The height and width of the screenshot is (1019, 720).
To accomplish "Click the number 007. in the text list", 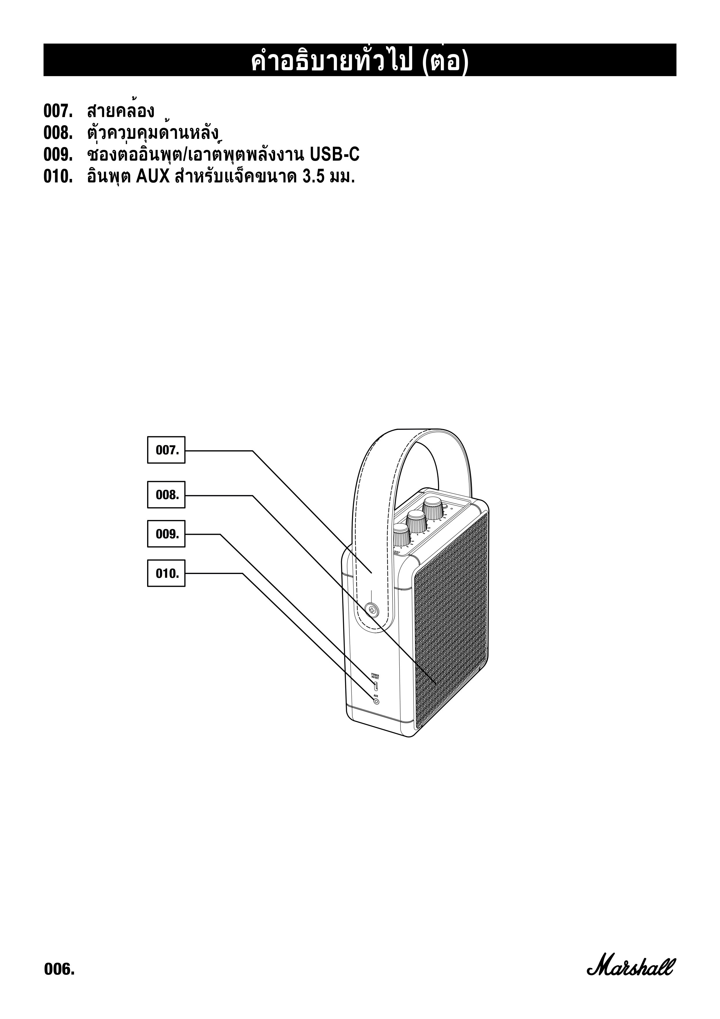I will point(58,111).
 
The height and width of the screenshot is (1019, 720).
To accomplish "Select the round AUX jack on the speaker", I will point(376,702).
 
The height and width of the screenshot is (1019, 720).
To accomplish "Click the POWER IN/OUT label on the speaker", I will point(375,676).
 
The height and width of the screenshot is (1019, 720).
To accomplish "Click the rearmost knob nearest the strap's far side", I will point(433,507).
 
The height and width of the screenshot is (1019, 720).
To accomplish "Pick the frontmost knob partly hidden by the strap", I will point(401,534).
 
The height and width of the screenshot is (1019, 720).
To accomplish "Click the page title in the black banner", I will point(360,62).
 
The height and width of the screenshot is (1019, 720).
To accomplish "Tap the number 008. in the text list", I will point(58,133).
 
